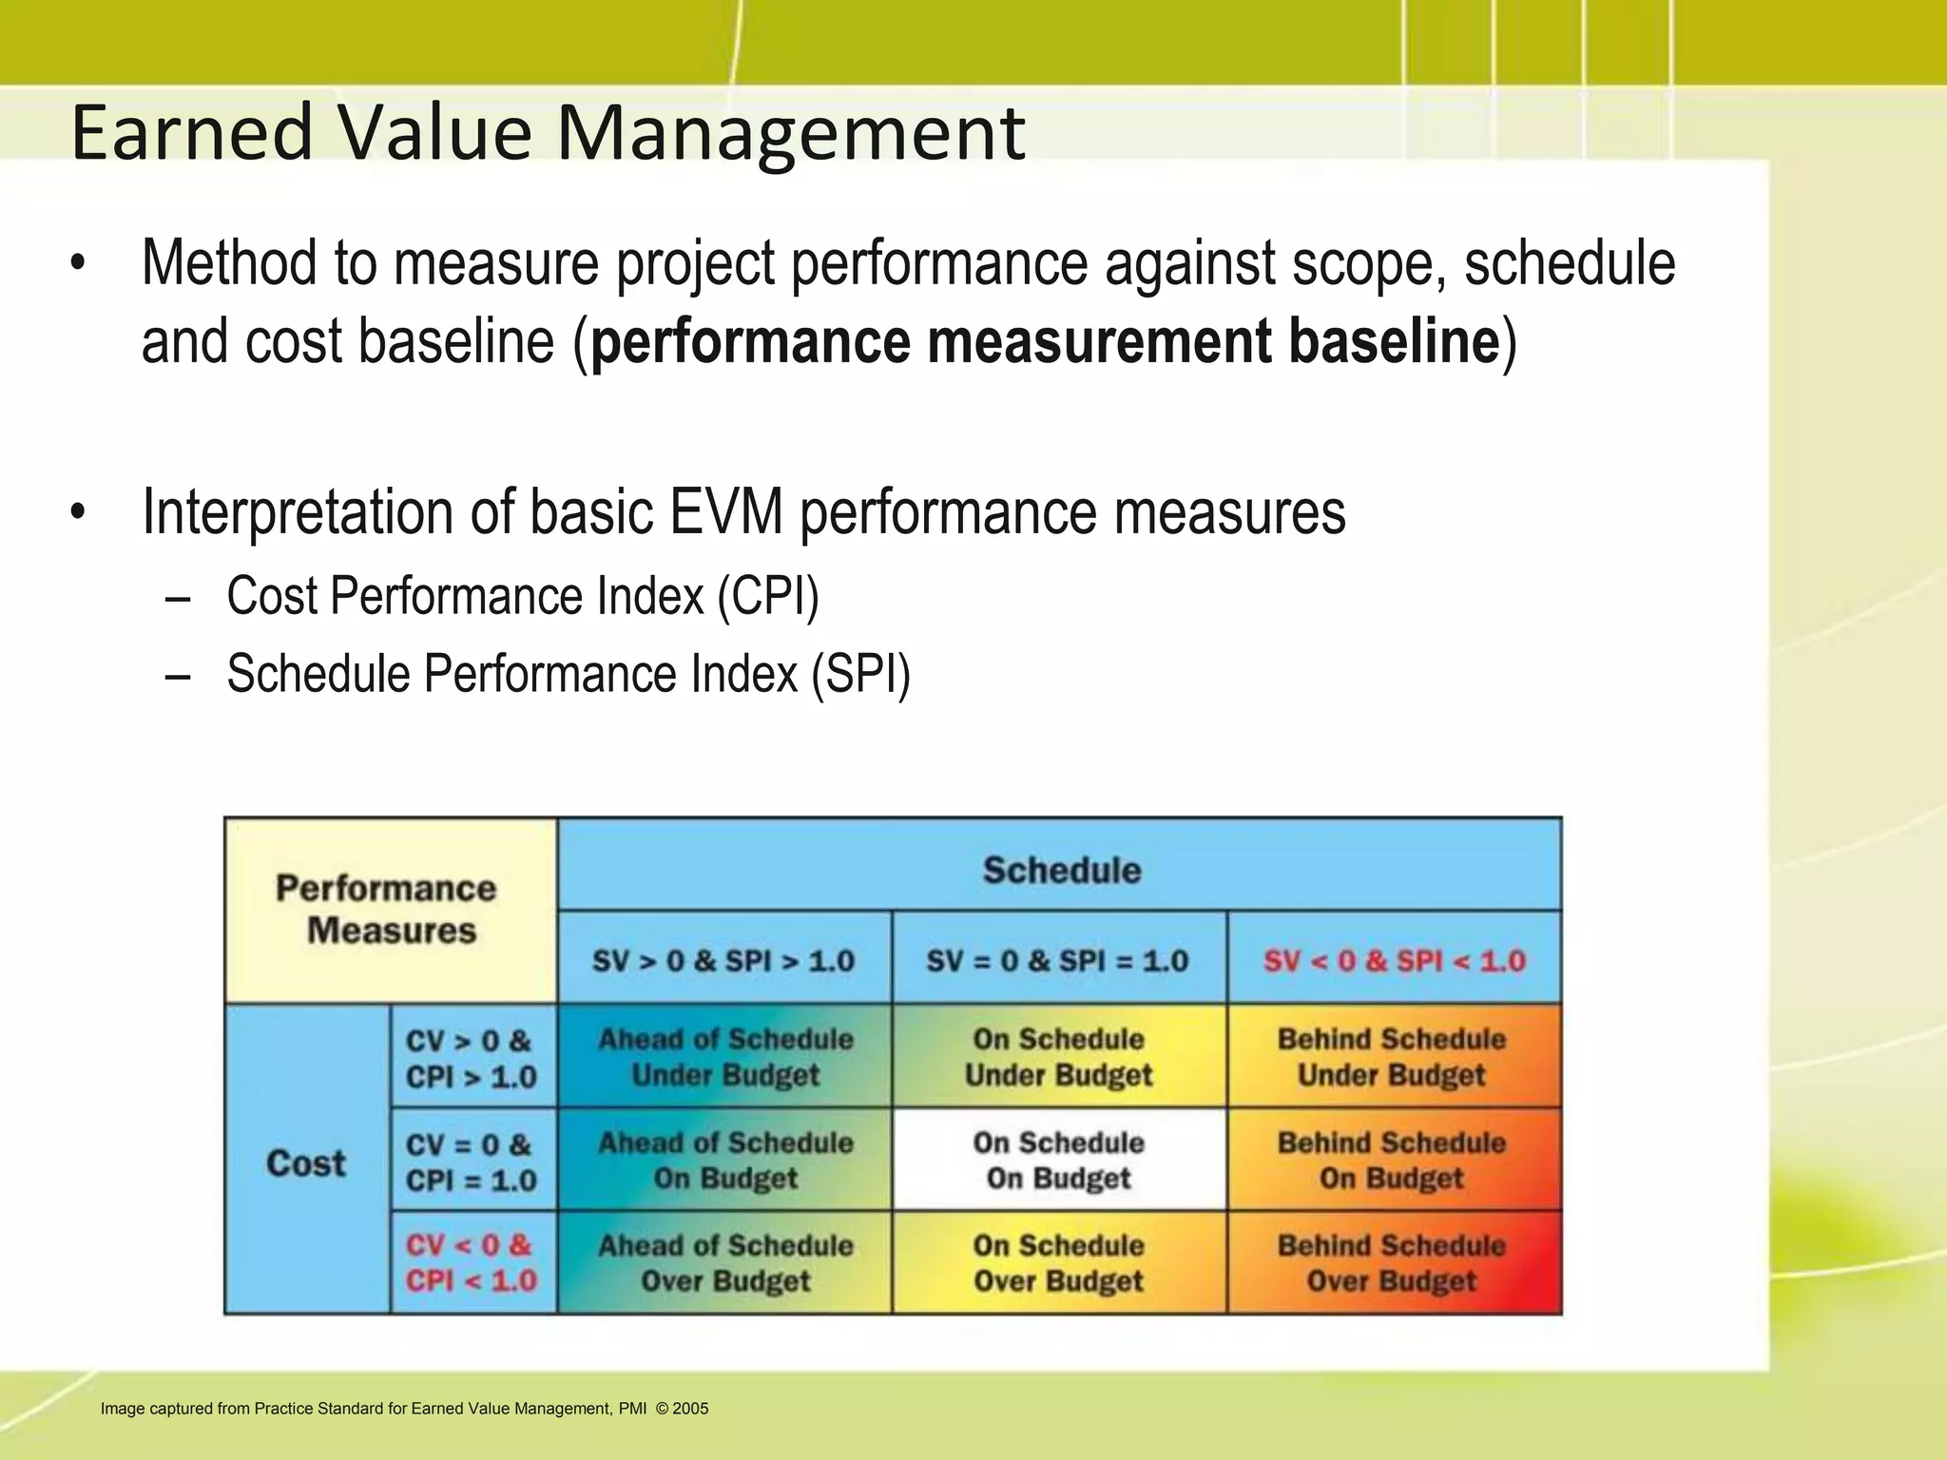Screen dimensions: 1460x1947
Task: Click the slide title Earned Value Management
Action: [x=548, y=133]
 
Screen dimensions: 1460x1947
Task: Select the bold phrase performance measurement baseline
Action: [x=1044, y=342]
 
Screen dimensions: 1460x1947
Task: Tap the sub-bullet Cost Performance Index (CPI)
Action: [x=522, y=597]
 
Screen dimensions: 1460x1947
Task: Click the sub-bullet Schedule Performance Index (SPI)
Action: [x=568, y=674]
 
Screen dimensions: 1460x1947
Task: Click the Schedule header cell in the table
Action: [x=1061, y=870]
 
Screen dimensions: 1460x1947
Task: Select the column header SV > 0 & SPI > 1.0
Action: [x=723, y=960]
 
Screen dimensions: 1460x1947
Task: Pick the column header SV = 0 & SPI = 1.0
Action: [x=1057, y=960]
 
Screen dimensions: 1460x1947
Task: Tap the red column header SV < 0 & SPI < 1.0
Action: [x=1394, y=960]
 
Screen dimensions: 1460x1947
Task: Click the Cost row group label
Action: [x=306, y=1162]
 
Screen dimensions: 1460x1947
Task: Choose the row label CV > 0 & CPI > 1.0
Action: [x=472, y=1058]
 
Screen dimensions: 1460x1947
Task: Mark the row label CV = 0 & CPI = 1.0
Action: [x=472, y=1162]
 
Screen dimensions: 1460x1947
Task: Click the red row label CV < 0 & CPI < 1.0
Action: [x=472, y=1262]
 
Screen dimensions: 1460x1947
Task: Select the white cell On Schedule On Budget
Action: [x=1058, y=1160]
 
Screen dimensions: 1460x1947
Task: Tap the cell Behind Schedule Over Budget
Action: [x=1392, y=1262]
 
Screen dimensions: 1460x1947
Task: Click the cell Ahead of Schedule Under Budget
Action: [x=725, y=1057]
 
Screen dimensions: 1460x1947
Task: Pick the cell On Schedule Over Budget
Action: [x=1058, y=1262]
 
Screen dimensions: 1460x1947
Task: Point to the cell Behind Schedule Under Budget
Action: [x=1392, y=1057]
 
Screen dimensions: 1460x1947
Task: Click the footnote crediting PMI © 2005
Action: [x=404, y=1409]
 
